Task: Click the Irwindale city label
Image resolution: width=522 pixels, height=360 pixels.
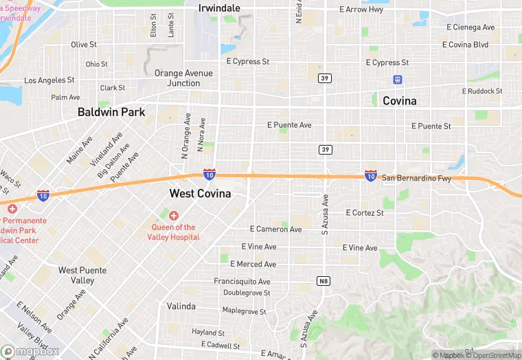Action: pyautogui.click(x=219, y=8)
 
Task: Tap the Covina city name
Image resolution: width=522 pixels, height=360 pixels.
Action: pyautogui.click(x=399, y=101)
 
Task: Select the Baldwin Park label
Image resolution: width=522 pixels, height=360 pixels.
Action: pyautogui.click(x=111, y=111)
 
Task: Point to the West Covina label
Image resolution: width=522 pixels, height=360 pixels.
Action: pyautogui.click(x=200, y=194)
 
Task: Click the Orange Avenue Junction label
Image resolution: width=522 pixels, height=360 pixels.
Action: pyautogui.click(x=177, y=78)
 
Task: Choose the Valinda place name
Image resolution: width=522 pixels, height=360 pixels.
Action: pyautogui.click(x=181, y=306)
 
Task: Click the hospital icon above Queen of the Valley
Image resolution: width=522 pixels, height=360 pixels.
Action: pyautogui.click(x=173, y=216)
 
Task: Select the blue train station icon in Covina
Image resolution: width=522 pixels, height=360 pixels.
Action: pyautogui.click(x=397, y=80)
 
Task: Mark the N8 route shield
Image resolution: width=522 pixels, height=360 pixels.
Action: pyautogui.click(x=324, y=281)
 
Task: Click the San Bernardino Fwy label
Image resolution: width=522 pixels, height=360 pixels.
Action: pyautogui.click(x=416, y=178)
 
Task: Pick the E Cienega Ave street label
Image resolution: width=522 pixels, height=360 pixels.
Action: pyautogui.click(x=470, y=27)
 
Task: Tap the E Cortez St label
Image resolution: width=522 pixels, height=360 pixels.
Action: pyautogui.click(x=364, y=213)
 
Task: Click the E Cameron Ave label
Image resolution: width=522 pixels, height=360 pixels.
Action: pyautogui.click(x=275, y=229)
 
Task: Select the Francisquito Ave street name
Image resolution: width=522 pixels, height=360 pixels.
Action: pyautogui.click(x=242, y=282)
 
